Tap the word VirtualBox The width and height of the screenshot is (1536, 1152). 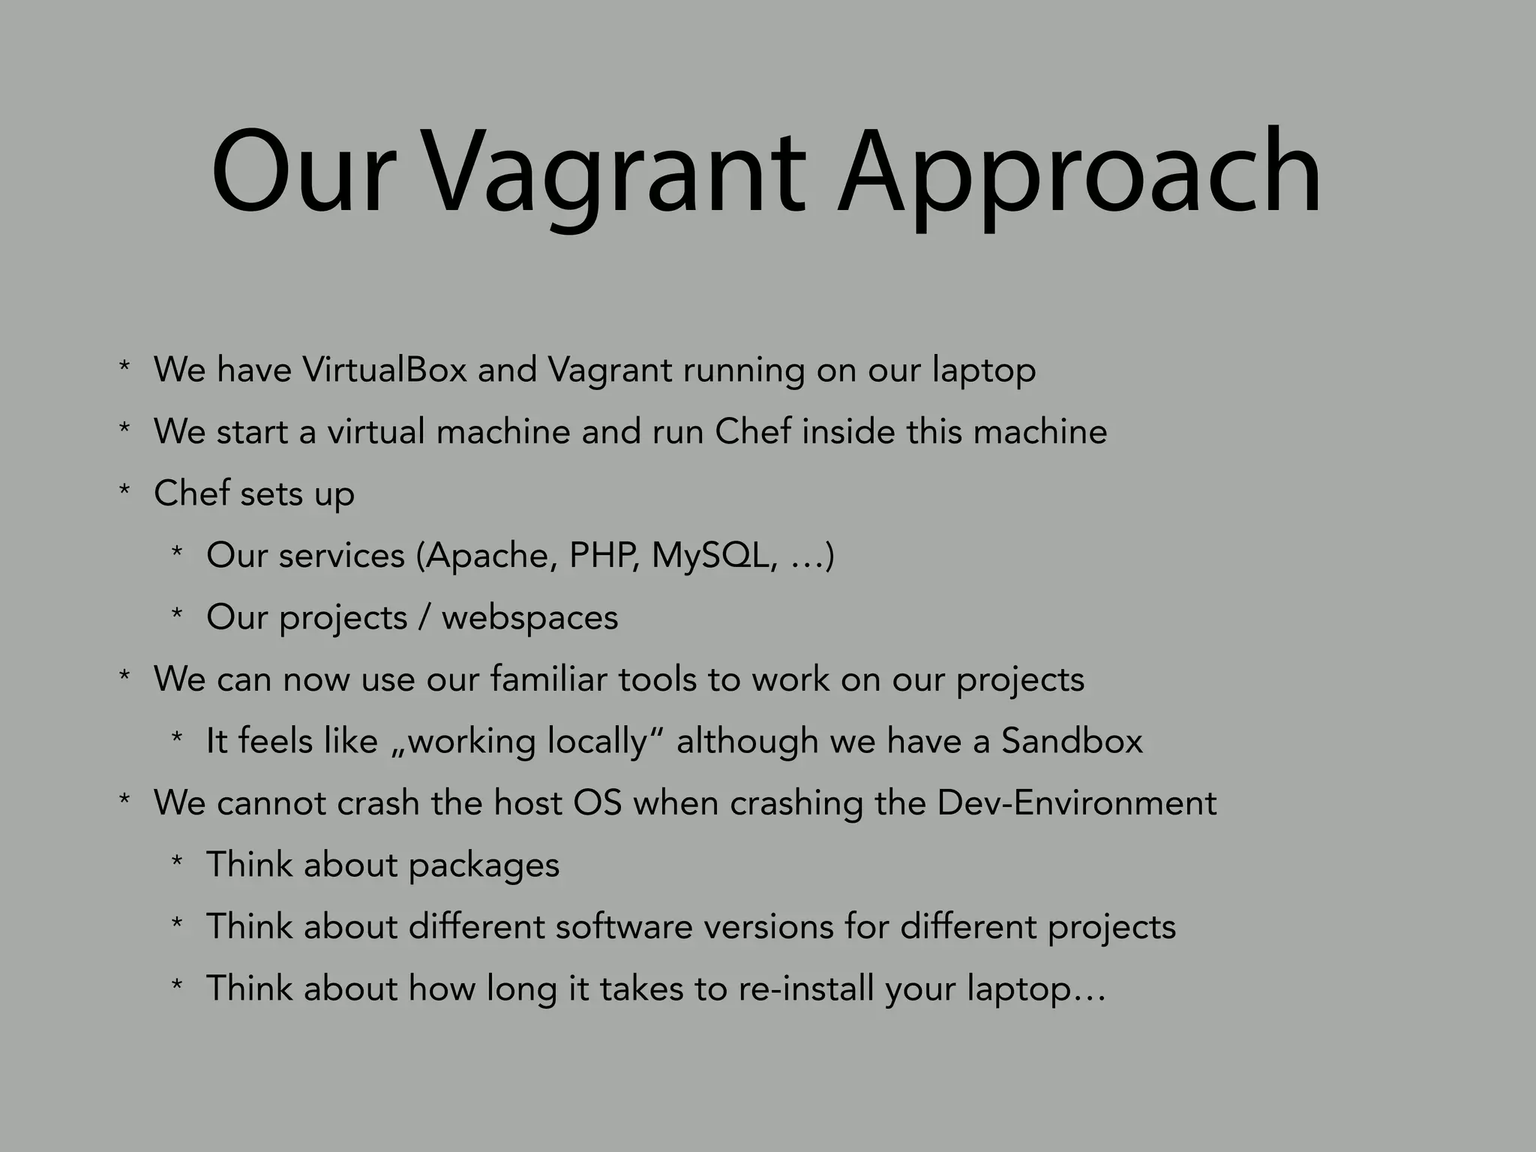(x=384, y=370)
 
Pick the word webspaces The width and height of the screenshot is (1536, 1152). (x=529, y=618)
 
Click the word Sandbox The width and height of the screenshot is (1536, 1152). (x=1072, y=741)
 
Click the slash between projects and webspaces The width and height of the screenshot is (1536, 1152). (x=424, y=618)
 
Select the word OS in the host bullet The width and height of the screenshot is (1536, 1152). (x=597, y=803)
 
